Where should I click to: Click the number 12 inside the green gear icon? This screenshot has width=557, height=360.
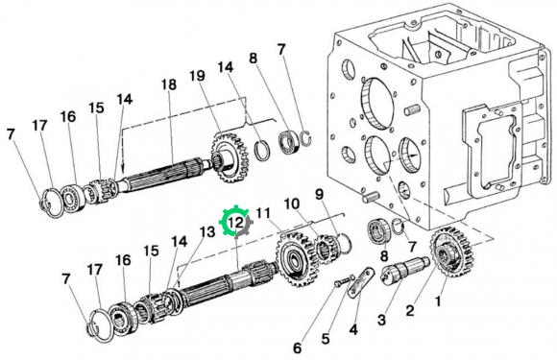[236, 223]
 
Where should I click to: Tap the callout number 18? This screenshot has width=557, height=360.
[169, 84]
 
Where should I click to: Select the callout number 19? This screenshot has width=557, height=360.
[197, 76]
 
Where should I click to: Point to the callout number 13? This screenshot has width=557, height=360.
[207, 231]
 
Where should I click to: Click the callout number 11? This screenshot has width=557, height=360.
[263, 213]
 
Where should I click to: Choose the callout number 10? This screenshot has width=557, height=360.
[291, 204]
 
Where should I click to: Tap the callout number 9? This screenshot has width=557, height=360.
[320, 194]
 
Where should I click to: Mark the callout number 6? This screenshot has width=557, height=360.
[297, 348]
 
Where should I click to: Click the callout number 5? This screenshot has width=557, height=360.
[326, 339]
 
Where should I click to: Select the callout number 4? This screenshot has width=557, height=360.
[353, 329]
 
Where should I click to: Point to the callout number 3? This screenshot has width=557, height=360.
[381, 320]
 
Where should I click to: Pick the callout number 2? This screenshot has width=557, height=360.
[409, 311]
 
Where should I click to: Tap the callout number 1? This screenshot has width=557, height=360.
[438, 301]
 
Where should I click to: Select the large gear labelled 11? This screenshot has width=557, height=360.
[295, 258]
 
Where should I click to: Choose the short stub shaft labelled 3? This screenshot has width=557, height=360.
[405, 270]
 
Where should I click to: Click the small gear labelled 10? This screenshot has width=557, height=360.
[327, 249]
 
